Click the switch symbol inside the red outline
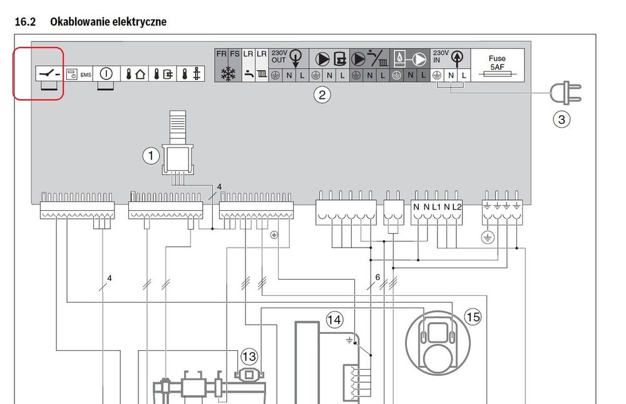(49, 73)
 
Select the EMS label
(86, 74)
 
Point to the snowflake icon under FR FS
(227, 73)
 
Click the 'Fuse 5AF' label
(497, 62)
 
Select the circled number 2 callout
(321, 95)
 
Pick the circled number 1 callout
(151, 156)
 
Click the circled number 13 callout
(249, 357)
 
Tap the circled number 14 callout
(334, 321)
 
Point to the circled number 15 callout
(473, 317)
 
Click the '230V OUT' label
(279, 56)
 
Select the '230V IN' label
(441, 56)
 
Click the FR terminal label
(221, 54)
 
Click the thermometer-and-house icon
(135, 74)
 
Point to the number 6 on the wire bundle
(377, 276)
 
